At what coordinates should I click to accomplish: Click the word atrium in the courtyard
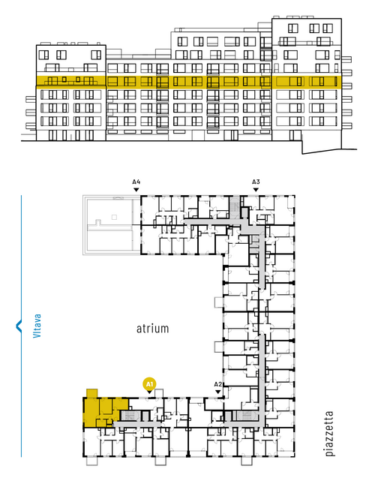(x=152, y=329)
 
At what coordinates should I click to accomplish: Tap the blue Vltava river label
(x=37, y=326)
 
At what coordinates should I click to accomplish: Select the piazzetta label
(x=329, y=434)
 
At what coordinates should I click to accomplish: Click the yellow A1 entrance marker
(x=149, y=384)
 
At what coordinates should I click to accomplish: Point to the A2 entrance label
(x=218, y=384)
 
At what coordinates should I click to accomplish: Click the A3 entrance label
(x=256, y=182)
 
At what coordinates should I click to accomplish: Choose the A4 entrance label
(x=136, y=182)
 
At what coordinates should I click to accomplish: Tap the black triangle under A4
(x=136, y=190)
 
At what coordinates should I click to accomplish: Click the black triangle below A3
(x=256, y=190)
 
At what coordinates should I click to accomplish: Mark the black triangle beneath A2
(x=218, y=392)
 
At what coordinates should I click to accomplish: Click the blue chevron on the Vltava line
(x=18, y=326)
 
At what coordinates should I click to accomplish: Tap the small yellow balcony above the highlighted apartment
(x=92, y=393)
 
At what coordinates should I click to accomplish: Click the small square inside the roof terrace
(x=114, y=217)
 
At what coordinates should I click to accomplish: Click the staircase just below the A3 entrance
(x=235, y=207)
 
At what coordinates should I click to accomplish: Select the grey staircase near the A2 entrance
(x=246, y=416)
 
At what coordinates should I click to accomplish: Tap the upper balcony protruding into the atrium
(x=219, y=302)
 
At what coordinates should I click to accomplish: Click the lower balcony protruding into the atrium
(x=219, y=347)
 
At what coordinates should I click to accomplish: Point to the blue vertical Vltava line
(x=21, y=396)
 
